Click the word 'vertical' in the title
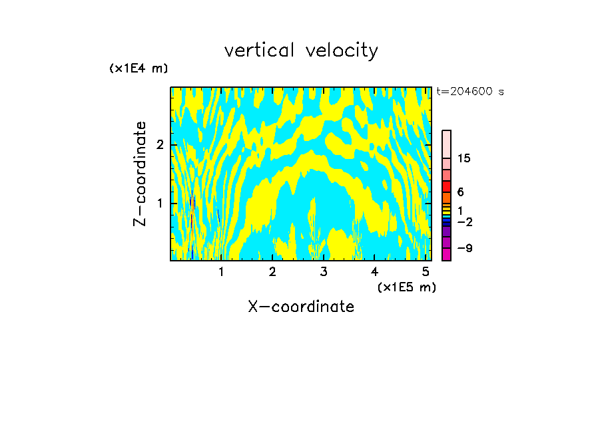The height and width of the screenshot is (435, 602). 260,51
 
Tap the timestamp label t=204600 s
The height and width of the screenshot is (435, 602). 469,92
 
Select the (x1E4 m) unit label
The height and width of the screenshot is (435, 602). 139,69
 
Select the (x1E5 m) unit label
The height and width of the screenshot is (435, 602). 406,287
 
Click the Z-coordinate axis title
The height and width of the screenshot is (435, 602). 140,174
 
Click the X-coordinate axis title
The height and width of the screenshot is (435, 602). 301,307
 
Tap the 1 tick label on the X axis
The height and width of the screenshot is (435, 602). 221,272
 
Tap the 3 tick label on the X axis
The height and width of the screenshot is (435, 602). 324,272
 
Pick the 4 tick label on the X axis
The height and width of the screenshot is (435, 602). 374,272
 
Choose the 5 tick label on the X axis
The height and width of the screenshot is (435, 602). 426,272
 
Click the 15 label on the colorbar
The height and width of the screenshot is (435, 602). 464,158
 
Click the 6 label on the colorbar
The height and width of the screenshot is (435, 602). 460,192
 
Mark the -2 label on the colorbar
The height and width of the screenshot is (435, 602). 464,221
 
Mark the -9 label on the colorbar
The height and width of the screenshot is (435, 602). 464,248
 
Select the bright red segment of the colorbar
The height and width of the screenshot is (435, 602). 446,187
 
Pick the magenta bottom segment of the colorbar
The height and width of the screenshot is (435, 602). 446,254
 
